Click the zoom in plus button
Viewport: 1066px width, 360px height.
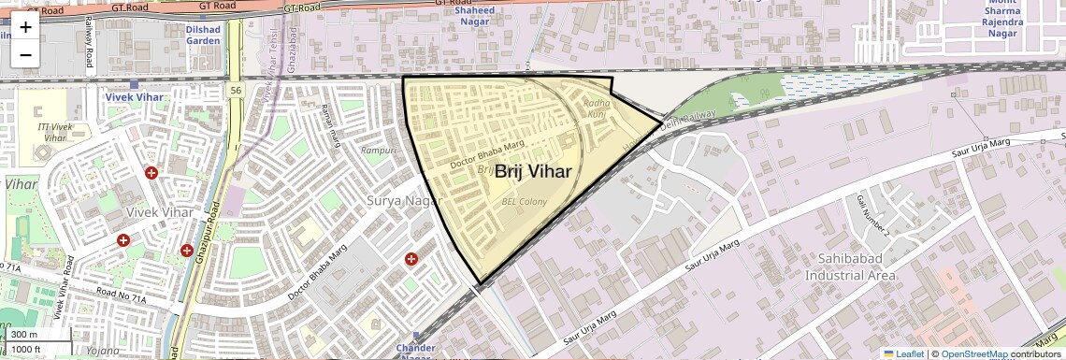(x=25, y=26)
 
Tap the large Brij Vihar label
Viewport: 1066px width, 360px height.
(x=533, y=171)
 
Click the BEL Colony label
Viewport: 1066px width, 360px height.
(x=525, y=200)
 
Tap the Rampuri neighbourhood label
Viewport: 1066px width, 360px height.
(x=380, y=151)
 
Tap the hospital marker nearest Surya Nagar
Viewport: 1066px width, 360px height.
(x=411, y=258)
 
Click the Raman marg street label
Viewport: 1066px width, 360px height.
(x=328, y=125)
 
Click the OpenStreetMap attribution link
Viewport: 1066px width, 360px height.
(x=974, y=353)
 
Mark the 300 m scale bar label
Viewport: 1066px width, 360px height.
(x=25, y=335)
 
